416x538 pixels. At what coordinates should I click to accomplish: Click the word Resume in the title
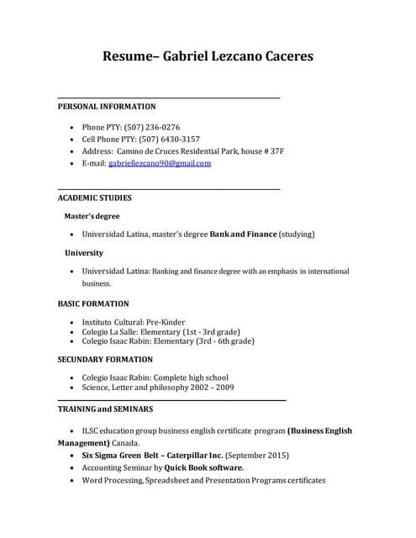[129, 57]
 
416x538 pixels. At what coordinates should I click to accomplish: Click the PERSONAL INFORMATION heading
[106, 107]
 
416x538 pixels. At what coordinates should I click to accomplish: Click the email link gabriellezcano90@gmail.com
[160, 163]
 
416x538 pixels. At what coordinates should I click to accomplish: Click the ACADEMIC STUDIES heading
[94, 198]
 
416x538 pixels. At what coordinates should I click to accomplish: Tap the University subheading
[84, 252]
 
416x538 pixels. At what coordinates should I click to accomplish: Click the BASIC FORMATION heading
[93, 303]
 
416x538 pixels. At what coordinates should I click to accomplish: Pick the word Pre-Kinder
[164, 322]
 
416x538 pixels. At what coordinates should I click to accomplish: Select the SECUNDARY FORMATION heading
[105, 359]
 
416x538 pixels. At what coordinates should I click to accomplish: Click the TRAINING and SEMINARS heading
[105, 409]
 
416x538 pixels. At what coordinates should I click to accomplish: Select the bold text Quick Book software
[204, 467]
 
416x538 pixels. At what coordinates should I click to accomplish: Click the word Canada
[127, 442]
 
